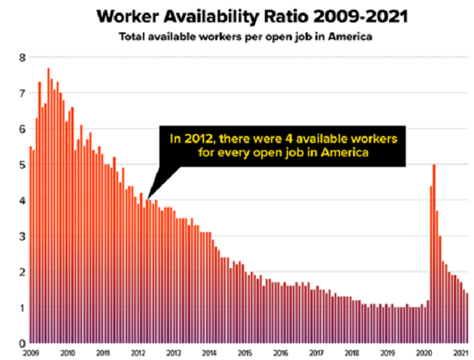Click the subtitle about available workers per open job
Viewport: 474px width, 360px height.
click(x=237, y=37)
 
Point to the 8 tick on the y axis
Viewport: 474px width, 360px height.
click(x=22, y=57)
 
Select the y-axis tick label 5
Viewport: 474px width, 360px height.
click(x=22, y=165)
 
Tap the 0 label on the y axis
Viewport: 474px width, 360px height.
click(x=22, y=343)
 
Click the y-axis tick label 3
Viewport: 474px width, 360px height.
click(x=22, y=236)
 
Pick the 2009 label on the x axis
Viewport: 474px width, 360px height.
click(x=31, y=352)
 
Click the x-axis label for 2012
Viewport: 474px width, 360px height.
click(x=138, y=352)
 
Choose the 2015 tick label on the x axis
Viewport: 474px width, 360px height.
click(x=245, y=352)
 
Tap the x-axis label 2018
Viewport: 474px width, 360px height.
click(x=351, y=352)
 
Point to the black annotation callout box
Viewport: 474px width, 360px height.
click(x=283, y=147)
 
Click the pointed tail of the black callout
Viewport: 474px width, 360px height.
click(x=149, y=195)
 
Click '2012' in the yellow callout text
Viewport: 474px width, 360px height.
click(x=199, y=139)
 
